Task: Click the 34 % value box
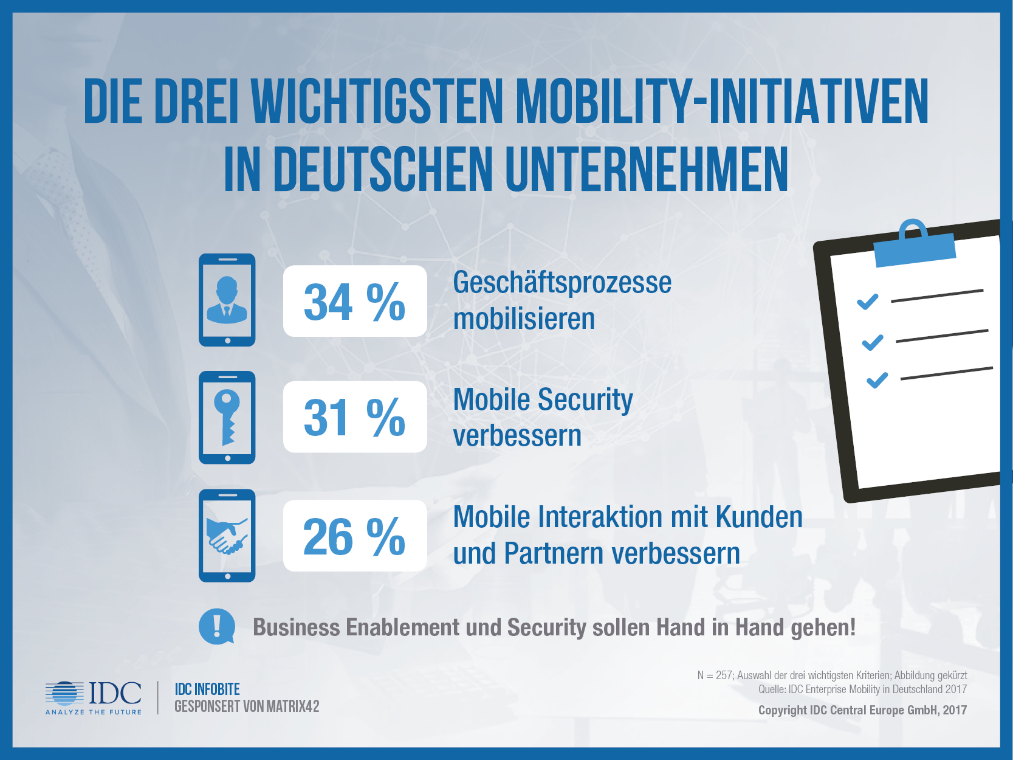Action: point(355,301)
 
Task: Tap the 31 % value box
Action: point(355,417)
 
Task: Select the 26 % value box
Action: point(355,536)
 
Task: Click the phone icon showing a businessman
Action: point(227,300)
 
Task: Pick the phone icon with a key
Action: point(227,418)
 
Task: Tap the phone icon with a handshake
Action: point(227,536)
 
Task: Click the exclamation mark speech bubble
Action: point(216,626)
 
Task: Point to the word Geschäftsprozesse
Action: point(562,283)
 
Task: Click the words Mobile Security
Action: point(543,400)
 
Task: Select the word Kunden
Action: point(759,517)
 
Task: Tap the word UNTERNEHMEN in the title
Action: point(647,170)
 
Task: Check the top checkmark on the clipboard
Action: point(867,302)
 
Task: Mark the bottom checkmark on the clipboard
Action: point(877,381)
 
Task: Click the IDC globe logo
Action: point(64,694)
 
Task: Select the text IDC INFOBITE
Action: point(207,689)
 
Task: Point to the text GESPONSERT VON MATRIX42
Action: point(247,706)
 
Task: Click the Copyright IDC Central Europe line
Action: point(862,710)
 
